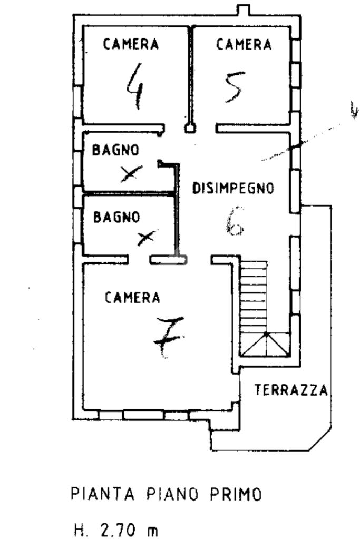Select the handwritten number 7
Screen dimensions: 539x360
pyautogui.click(x=168, y=337)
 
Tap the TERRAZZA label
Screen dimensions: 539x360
pyautogui.click(x=291, y=390)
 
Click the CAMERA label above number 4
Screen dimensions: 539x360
pyautogui.click(x=131, y=44)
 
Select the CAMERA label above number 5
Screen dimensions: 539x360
pyautogui.click(x=244, y=44)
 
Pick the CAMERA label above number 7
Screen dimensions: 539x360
pyautogui.click(x=132, y=298)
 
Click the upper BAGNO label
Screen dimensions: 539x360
pyautogui.click(x=116, y=150)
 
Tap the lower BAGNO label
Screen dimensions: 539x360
pyautogui.click(x=116, y=217)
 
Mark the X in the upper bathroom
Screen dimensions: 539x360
pyautogui.click(x=131, y=172)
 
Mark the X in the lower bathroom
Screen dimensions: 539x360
pyautogui.click(x=147, y=238)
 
